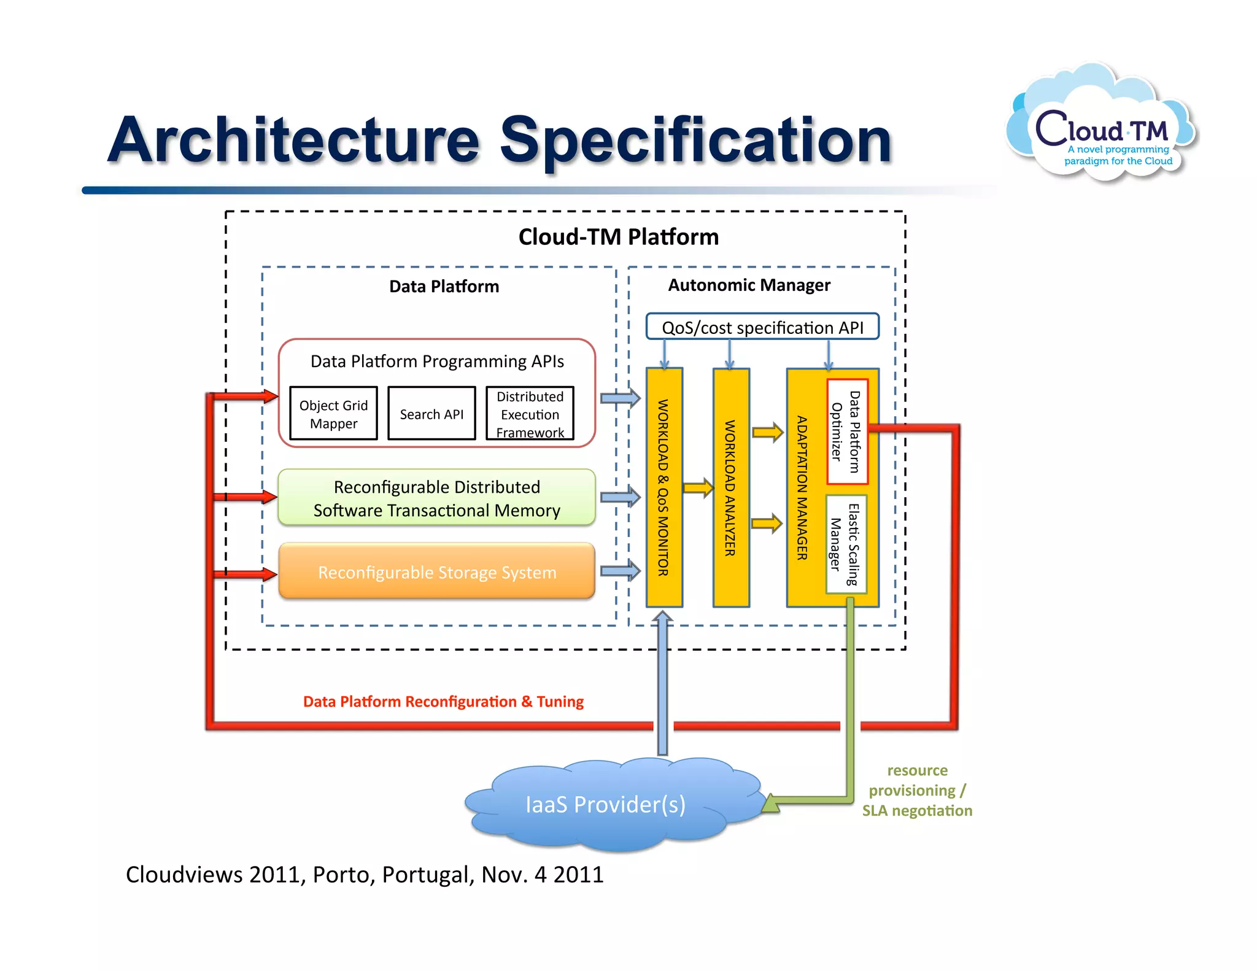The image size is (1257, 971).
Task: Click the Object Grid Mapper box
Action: pyautogui.click(x=333, y=414)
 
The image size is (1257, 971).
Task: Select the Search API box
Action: pyautogui.click(x=431, y=414)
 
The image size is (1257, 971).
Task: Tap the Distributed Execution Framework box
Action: pyautogui.click(x=530, y=414)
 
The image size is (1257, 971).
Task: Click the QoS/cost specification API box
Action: pyautogui.click(x=762, y=327)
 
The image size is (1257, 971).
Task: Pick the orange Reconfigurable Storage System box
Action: pyautogui.click(x=436, y=571)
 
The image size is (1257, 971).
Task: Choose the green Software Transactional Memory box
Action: pyautogui.click(x=436, y=498)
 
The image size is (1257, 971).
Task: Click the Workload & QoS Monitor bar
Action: pyautogui.click(x=663, y=488)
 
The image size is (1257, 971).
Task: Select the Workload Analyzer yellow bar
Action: pyautogui.click(x=730, y=488)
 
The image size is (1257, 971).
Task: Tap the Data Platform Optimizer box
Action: pyautogui.click(x=846, y=431)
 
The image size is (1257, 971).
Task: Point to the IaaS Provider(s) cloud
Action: pyautogui.click(x=605, y=804)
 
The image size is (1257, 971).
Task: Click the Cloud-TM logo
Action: pyautogui.click(x=1102, y=126)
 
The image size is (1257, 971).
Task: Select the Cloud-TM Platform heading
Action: pyautogui.click(x=618, y=237)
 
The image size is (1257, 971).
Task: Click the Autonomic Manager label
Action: pyautogui.click(x=749, y=285)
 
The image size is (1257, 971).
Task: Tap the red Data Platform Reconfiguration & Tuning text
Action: pyautogui.click(x=443, y=702)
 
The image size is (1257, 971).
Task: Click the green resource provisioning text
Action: pyautogui.click(x=917, y=790)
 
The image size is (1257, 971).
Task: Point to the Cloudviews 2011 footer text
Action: pyautogui.click(x=365, y=874)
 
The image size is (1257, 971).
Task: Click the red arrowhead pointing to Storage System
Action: pyautogui.click(x=268, y=574)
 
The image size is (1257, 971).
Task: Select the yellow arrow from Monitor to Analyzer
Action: pyautogui.click(x=698, y=489)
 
